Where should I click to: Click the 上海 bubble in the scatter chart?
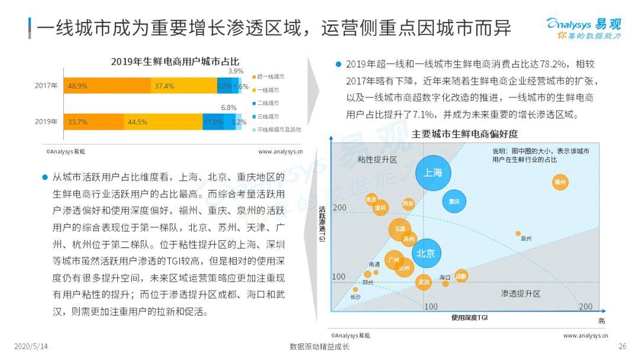tap(433, 173)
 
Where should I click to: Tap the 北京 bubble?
tap(426, 253)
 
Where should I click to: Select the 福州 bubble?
tap(560, 182)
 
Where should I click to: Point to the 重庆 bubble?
tap(454, 201)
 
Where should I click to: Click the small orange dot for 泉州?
tap(518, 233)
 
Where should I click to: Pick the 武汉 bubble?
tap(424, 282)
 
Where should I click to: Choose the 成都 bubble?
tap(461, 275)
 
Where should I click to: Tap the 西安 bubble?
tap(408, 204)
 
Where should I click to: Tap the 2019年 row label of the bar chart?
tap(46, 122)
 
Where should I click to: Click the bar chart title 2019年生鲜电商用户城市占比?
tap(175, 62)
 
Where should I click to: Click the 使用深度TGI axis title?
tap(469, 318)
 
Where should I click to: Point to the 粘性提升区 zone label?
tap(377, 160)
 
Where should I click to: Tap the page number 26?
tap(622, 346)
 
